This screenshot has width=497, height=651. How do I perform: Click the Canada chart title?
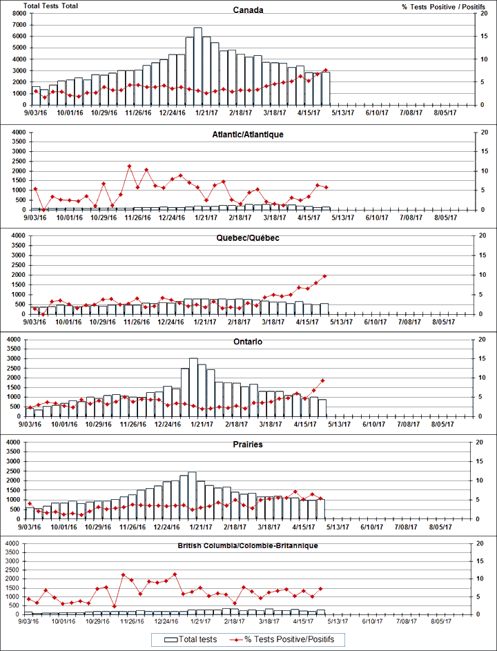click(247, 11)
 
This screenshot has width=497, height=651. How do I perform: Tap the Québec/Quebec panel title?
click(247, 237)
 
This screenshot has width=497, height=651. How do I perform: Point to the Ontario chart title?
click(247, 342)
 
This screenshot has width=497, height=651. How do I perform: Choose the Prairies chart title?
click(247, 445)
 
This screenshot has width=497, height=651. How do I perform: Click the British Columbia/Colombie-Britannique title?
click(247, 545)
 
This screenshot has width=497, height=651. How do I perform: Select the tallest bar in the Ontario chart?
click(193, 387)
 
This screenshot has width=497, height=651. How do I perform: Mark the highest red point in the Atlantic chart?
click(129, 166)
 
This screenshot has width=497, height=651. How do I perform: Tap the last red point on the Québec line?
click(324, 276)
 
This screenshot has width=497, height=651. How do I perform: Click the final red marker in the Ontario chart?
click(322, 380)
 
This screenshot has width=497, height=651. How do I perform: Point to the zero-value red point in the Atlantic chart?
click(43, 209)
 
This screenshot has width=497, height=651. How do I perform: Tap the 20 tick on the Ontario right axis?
click(480, 339)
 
